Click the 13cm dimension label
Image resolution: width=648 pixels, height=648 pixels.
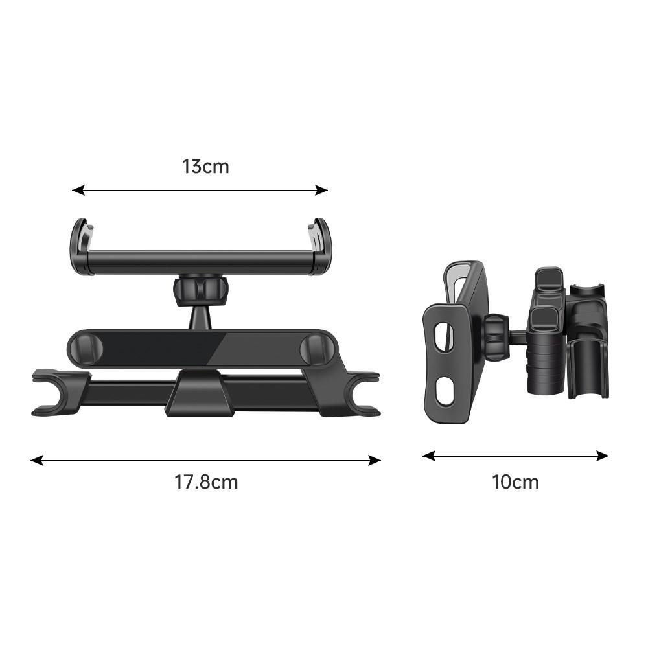(x=205, y=167)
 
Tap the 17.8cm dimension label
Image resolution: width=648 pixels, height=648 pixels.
(x=206, y=482)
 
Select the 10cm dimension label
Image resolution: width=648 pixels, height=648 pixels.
(x=515, y=482)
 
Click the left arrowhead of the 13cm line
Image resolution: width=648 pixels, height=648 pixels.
(x=78, y=190)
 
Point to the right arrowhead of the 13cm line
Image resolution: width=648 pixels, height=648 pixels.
(x=321, y=190)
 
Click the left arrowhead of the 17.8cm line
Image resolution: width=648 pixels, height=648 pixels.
(x=37, y=460)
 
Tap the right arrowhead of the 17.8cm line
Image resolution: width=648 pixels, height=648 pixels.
(x=375, y=460)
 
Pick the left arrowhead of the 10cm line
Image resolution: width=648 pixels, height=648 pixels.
(x=428, y=456)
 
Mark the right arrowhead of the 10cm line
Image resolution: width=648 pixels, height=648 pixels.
(x=603, y=456)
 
